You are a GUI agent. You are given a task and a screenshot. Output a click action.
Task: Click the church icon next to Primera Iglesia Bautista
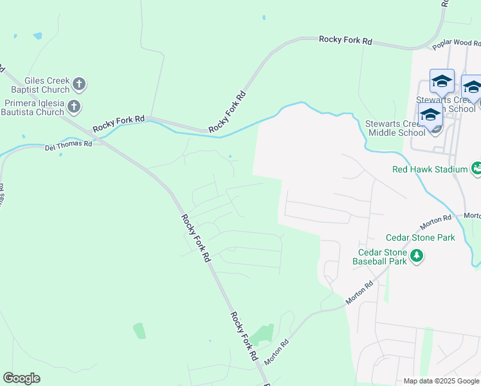click(74, 106)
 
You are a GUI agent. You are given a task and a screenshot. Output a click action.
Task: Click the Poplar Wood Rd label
click(456, 43)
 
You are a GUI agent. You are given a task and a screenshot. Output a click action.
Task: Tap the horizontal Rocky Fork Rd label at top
click(345, 40)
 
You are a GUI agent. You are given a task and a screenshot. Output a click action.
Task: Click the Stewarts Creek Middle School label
click(395, 128)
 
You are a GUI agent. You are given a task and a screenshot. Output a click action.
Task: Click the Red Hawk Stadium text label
click(430, 169)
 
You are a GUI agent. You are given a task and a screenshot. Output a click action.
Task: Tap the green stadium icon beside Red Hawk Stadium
click(476, 169)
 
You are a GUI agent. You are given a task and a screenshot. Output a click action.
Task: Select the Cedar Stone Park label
click(420, 237)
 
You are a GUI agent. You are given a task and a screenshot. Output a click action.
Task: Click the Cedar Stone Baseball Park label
click(379, 257)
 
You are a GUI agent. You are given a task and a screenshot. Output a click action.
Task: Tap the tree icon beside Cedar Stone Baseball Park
click(417, 257)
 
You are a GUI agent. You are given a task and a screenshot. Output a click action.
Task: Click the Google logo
click(21, 378)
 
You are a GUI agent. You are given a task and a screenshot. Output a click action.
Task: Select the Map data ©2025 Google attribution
click(440, 381)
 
